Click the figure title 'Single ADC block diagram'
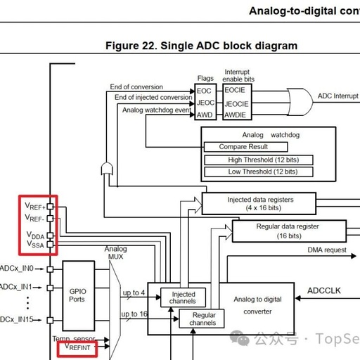[x=201, y=46]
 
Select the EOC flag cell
[x=204, y=91]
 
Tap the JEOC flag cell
[x=204, y=103]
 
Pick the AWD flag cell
[x=204, y=115]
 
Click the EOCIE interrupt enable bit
[x=235, y=91]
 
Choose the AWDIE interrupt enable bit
[x=235, y=115]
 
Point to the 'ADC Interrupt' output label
[x=338, y=96]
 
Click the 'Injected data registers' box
[x=260, y=204]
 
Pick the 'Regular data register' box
[x=289, y=231]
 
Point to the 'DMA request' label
[x=327, y=250]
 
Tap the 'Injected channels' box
[x=178, y=297]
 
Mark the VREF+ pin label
[x=35, y=207]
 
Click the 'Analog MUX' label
[x=116, y=254]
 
